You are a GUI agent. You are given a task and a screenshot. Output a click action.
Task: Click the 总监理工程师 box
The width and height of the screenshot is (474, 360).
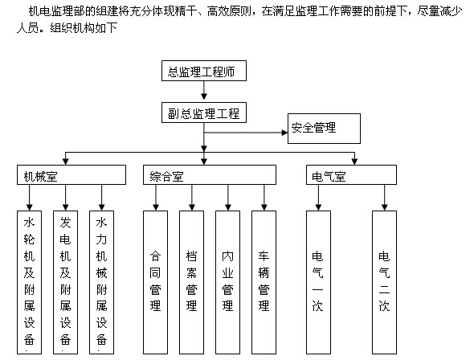tap(204, 71)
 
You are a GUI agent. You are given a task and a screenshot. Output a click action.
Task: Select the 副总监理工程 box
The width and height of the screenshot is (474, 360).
tap(204, 112)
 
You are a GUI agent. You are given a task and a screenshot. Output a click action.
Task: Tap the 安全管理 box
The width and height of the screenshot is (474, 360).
tap(324, 129)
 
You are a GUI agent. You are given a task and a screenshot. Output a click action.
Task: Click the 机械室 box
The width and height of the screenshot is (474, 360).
tap(72, 174)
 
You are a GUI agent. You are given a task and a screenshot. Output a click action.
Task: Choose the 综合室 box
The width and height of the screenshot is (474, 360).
tap(210, 174)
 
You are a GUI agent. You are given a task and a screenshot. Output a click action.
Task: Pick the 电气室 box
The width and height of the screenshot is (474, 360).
tap(351, 174)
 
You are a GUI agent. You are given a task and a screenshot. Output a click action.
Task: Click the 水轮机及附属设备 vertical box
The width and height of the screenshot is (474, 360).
tap(29, 282)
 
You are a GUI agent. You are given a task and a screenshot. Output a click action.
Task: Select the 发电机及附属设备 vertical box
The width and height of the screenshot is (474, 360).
tap(65, 282)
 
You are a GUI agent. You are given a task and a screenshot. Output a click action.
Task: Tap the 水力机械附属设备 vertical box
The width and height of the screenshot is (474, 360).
tap(101, 282)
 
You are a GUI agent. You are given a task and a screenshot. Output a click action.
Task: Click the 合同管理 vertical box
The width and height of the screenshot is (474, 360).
tap(155, 282)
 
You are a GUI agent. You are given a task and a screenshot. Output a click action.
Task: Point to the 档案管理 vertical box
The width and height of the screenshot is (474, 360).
tap(191, 282)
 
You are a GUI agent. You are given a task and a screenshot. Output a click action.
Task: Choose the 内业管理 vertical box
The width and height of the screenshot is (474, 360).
tap(227, 282)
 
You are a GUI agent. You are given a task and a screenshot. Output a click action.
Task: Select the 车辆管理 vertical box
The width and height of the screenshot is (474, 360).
tap(264, 282)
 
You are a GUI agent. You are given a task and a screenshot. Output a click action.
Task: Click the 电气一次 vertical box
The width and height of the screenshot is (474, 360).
tap(318, 282)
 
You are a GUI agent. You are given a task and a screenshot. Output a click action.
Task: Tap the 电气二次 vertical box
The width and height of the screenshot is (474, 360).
tap(384, 282)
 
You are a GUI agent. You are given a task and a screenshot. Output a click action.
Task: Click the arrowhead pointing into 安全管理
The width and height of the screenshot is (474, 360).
tap(284, 133)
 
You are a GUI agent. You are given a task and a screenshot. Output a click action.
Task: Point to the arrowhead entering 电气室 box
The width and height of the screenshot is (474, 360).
tap(354, 162)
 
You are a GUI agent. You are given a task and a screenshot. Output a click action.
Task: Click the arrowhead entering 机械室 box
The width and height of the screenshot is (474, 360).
tap(66, 162)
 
